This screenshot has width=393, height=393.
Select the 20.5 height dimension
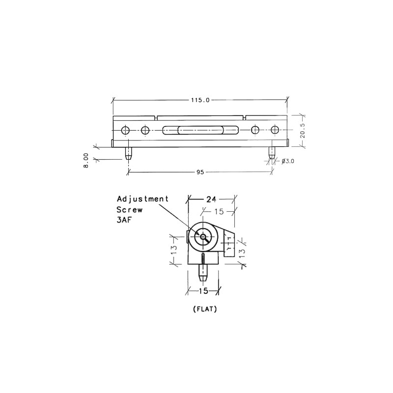point(303,131)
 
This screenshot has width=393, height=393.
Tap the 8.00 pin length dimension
point(86,161)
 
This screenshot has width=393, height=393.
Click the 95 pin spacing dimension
point(200,172)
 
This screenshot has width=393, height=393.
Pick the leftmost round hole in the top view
point(125,130)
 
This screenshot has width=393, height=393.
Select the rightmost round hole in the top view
point(275,130)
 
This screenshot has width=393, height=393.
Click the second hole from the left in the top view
point(145,130)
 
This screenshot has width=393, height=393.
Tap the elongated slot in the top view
point(200,130)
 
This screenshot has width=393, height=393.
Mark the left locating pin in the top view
point(129,153)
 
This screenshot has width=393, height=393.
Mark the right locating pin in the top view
point(272,153)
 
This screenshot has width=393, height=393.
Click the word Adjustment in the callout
point(142,199)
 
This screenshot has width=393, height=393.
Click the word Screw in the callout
point(129,209)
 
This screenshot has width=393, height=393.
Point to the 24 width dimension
point(211,199)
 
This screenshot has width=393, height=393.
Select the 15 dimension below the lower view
point(203,291)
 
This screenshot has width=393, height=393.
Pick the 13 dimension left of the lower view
point(173,251)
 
